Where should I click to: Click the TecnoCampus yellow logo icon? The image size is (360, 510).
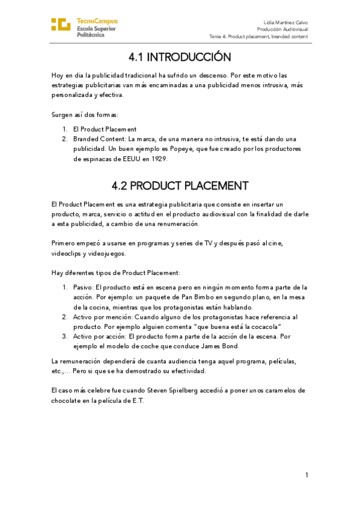tap(61, 25)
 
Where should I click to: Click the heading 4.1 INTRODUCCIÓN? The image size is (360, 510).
tap(180, 57)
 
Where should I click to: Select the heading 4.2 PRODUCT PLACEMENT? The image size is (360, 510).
tap(180, 185)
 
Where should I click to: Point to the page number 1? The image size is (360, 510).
tap(307, 475)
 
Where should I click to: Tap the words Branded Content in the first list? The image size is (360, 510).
tap(95, 138)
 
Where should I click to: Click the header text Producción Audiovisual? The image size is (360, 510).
tap(282, 29)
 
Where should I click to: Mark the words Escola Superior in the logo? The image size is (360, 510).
tap(97, 28)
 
